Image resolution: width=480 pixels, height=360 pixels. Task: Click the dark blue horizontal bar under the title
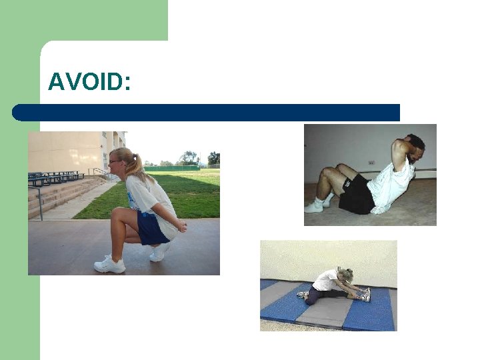pos(207,112)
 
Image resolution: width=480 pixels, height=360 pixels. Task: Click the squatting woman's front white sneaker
pos(109,265)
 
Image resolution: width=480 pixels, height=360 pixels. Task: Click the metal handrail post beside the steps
pos(41,203)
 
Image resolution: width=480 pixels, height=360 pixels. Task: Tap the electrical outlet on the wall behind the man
pos(371,162)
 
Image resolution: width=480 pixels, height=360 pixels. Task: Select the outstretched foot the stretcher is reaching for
pos(366,294)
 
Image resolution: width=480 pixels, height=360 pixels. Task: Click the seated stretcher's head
pos(347,275)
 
